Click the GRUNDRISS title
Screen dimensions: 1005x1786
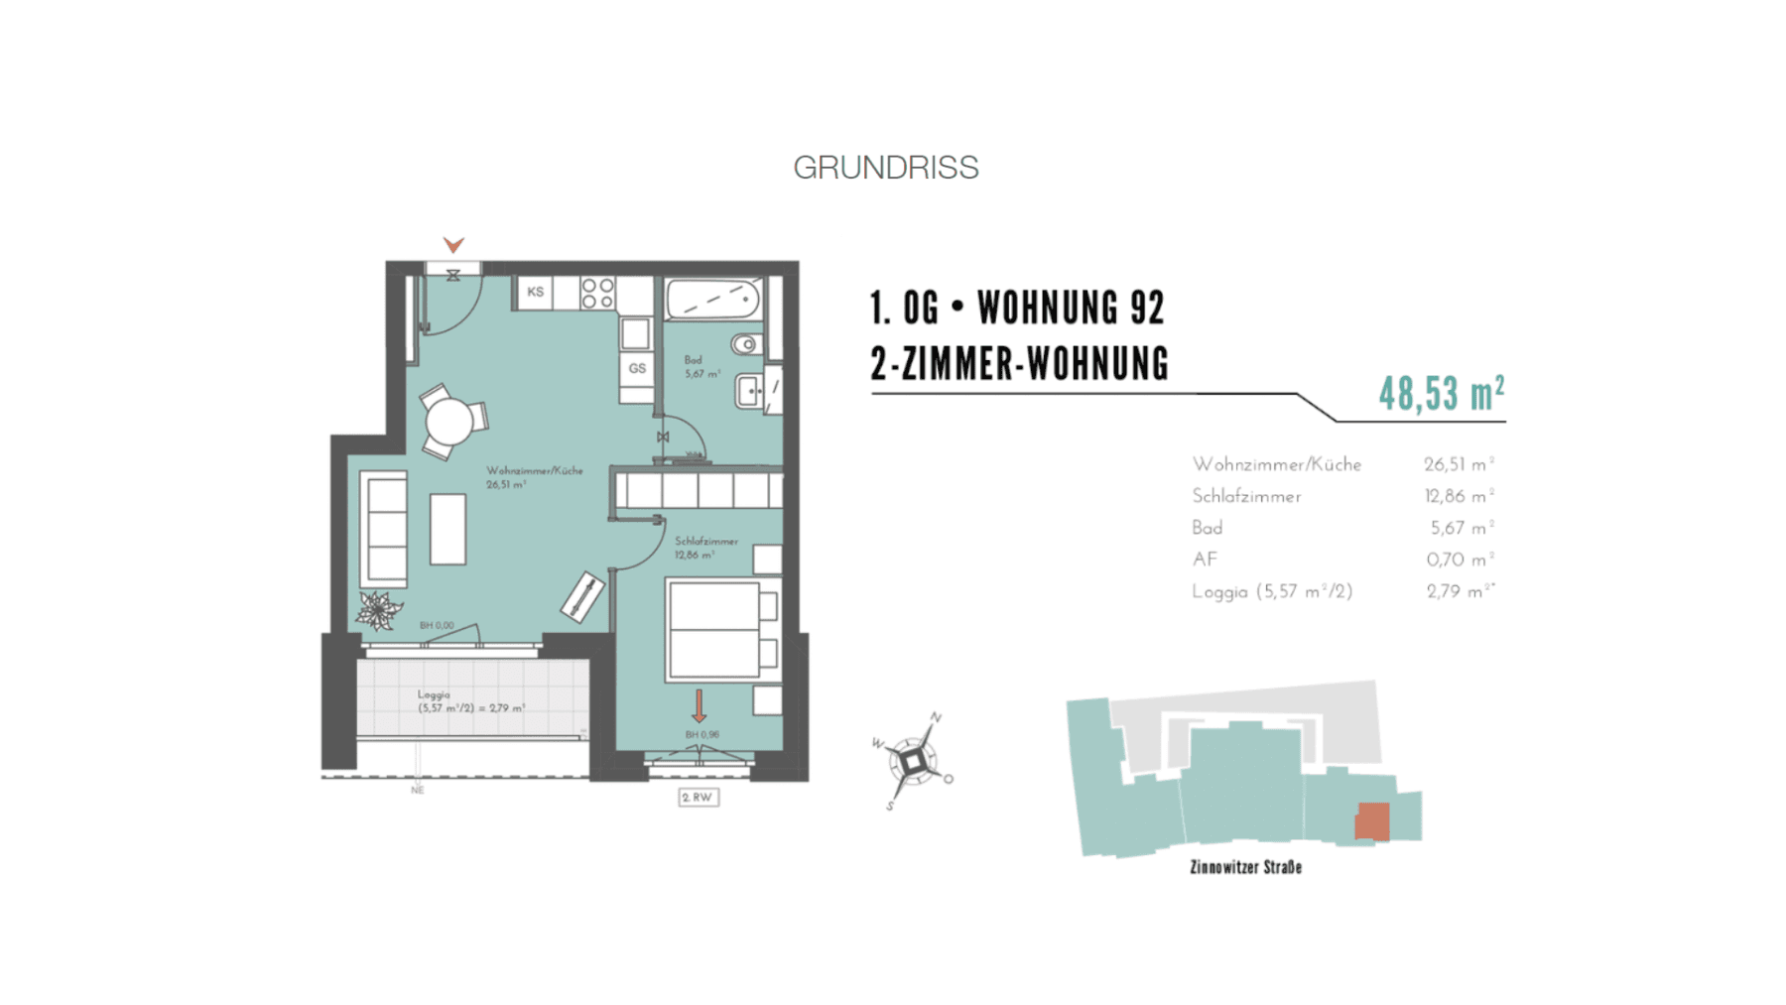coord(885,168)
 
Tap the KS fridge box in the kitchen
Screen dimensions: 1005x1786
coord(535,292)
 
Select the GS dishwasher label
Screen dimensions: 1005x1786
coord(637,368)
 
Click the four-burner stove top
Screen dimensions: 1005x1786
coord(597,293)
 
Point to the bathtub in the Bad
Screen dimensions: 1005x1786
coord(713,299)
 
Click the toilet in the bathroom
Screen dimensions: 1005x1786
coord(746,344)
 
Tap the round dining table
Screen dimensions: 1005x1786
coord(449,422)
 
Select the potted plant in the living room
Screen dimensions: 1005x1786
coord(377,610)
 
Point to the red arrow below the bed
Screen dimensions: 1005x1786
coord(699,705)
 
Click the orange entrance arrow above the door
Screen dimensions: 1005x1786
coord(453,244)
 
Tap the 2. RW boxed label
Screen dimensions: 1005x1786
coord(698,797)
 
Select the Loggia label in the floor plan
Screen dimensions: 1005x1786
coord(434,694)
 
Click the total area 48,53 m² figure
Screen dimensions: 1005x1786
coord(1441,394)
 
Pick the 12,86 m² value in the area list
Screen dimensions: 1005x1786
coord(1458,496)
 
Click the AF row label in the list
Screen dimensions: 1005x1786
coord(1205,560)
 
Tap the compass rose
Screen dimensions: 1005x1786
coord(913,762)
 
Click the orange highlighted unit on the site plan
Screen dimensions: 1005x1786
coord(1372,821)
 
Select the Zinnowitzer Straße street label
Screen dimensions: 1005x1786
coord(1245,867)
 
